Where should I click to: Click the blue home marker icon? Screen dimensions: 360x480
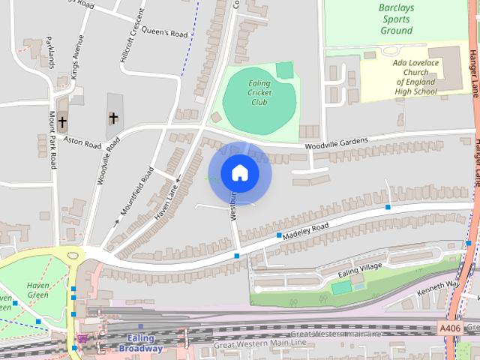239,173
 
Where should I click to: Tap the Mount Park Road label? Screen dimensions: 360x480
53,140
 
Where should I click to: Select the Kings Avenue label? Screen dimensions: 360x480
75,57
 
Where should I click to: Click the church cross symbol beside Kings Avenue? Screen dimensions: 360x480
62,121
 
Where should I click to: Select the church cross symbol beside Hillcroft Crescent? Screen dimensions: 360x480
113,118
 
